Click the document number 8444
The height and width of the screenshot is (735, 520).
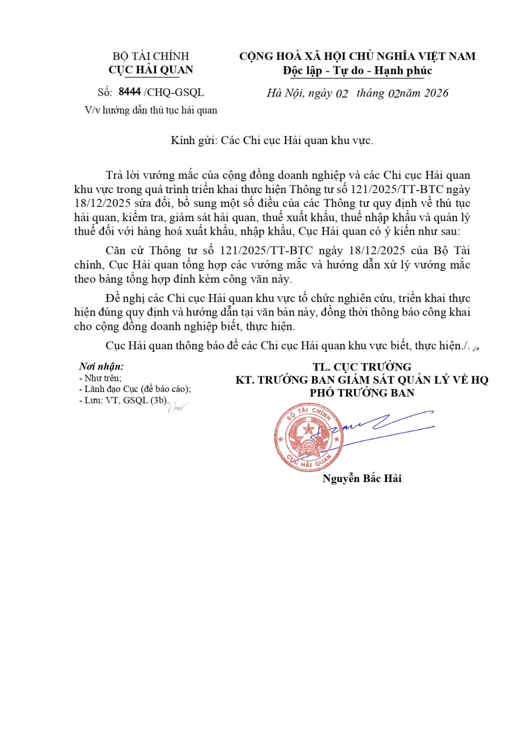[129, 92]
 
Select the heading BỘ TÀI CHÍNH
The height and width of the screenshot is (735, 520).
[150, 56]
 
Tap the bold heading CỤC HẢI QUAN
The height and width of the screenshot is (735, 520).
[150, 70]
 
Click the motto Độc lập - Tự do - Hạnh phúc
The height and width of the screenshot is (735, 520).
[357, 71]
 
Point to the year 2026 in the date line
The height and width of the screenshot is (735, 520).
[436, 93]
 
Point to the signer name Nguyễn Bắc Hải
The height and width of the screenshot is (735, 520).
[362, 479]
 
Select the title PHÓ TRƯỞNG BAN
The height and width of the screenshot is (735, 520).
[362, 393]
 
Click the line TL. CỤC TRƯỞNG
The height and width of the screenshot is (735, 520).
[362, 367]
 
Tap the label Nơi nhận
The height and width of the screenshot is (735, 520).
[101, 367]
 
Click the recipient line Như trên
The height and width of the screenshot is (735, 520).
[101, 378]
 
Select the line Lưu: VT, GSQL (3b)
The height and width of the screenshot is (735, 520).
[124, 400]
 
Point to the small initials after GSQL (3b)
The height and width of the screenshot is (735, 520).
[177, 406]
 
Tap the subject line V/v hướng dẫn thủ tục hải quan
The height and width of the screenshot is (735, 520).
[150, 110]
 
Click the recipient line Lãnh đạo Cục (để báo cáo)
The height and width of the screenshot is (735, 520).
[135, 389]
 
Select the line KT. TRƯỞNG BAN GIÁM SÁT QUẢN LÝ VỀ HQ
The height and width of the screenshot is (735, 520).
[362, 380]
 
